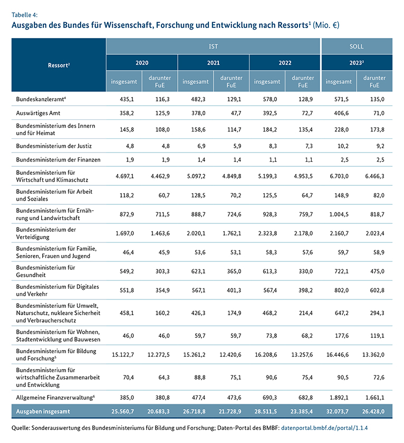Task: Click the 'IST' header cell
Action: [213, 46]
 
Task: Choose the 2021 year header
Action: [213, 62]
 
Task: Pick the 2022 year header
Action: [285, 62]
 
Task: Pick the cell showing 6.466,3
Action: [374, 174]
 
